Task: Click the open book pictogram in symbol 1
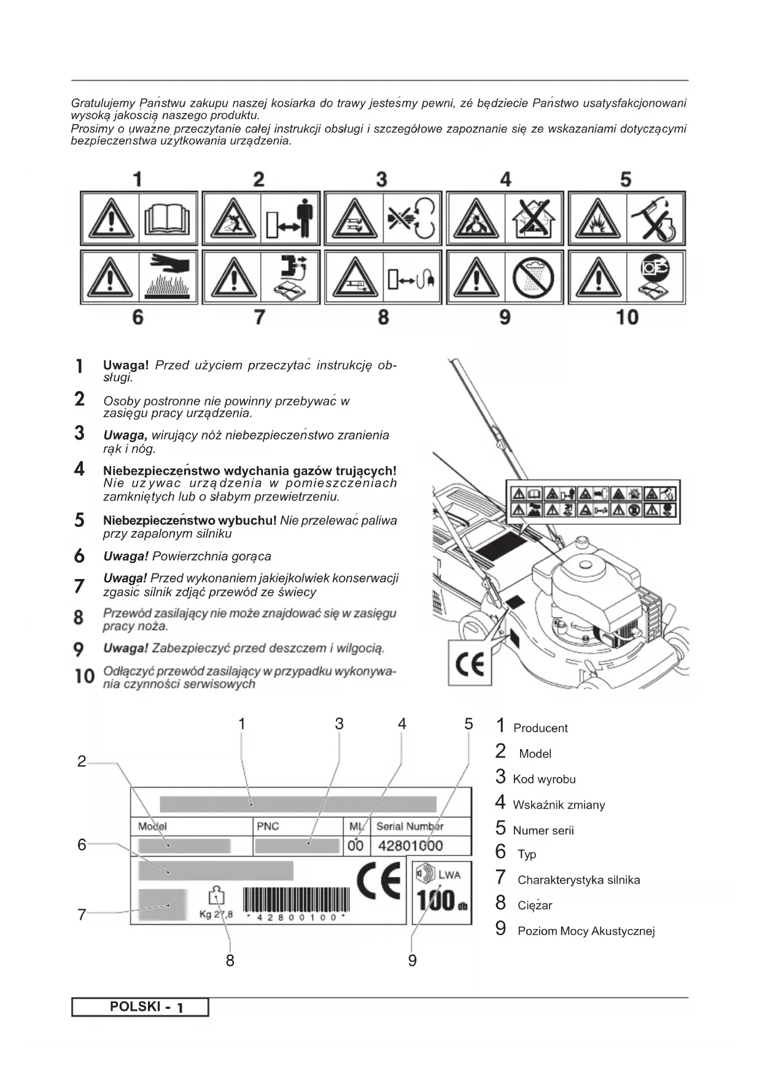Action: tap(167, 219)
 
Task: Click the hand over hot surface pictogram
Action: tap(167, 277)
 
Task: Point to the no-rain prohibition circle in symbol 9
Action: tap(533, 278)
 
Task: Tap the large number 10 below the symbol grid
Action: tap(627, 317)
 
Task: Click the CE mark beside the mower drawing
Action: tap(470, 664)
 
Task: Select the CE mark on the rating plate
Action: tap(378, 882)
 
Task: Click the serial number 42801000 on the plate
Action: tap(410, 846)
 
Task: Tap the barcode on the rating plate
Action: tap(295, 900)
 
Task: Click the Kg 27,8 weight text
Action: tap(216, 914)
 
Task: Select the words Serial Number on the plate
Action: tap(410, 826)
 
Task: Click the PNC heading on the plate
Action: tap(268, 826)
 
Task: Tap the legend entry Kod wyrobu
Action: tap(544, 779)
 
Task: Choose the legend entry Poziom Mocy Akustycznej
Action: tap(586, 931)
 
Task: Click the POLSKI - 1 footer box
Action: tap(140, 1007)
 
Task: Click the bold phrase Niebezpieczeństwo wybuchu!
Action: tap(190, 521)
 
